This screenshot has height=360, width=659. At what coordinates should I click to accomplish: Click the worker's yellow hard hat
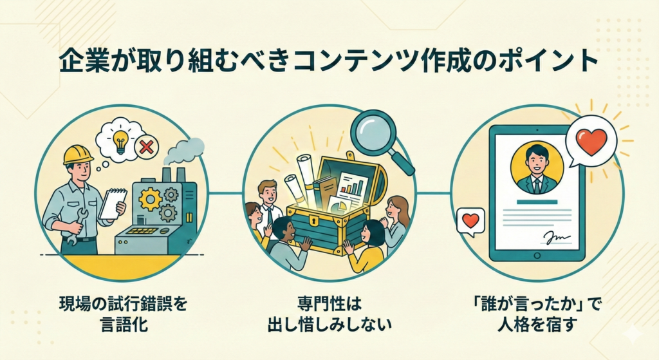point(78,154)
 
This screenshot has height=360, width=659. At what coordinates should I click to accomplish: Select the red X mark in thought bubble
point(147,147)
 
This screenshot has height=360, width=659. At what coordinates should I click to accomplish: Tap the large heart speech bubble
point(591,142)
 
